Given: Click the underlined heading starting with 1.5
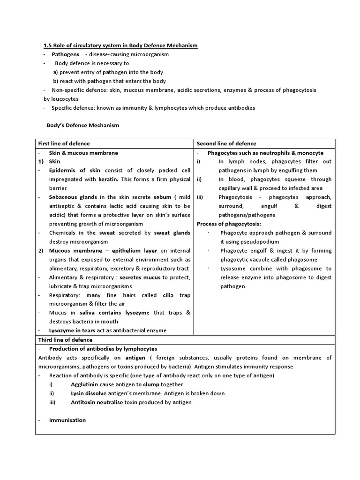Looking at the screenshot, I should pyautogui.click(x=120, y=45).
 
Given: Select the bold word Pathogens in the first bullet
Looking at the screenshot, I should pyautogui.click(x=65, y=54).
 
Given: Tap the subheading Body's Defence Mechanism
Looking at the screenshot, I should pyautogui.click(x=83, y=125).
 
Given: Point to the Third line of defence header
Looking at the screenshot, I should pyautogui.click(x=65, y=340).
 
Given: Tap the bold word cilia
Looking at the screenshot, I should pyautogui.click(x=168, y=295).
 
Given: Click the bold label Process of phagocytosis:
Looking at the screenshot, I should pyautogui.click(x=229, y=224).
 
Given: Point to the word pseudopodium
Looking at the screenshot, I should pyautogui.click(x=260, y=242).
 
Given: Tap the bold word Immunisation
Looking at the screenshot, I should pyautogui.click(x=67, y=420).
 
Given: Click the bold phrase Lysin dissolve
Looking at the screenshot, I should pyautogui.click(x=89, y=393).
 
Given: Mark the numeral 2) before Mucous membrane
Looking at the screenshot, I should pyautogui.click(x=41, y=251).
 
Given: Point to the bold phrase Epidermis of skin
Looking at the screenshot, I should pyautogui.click(x=75, y=171).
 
